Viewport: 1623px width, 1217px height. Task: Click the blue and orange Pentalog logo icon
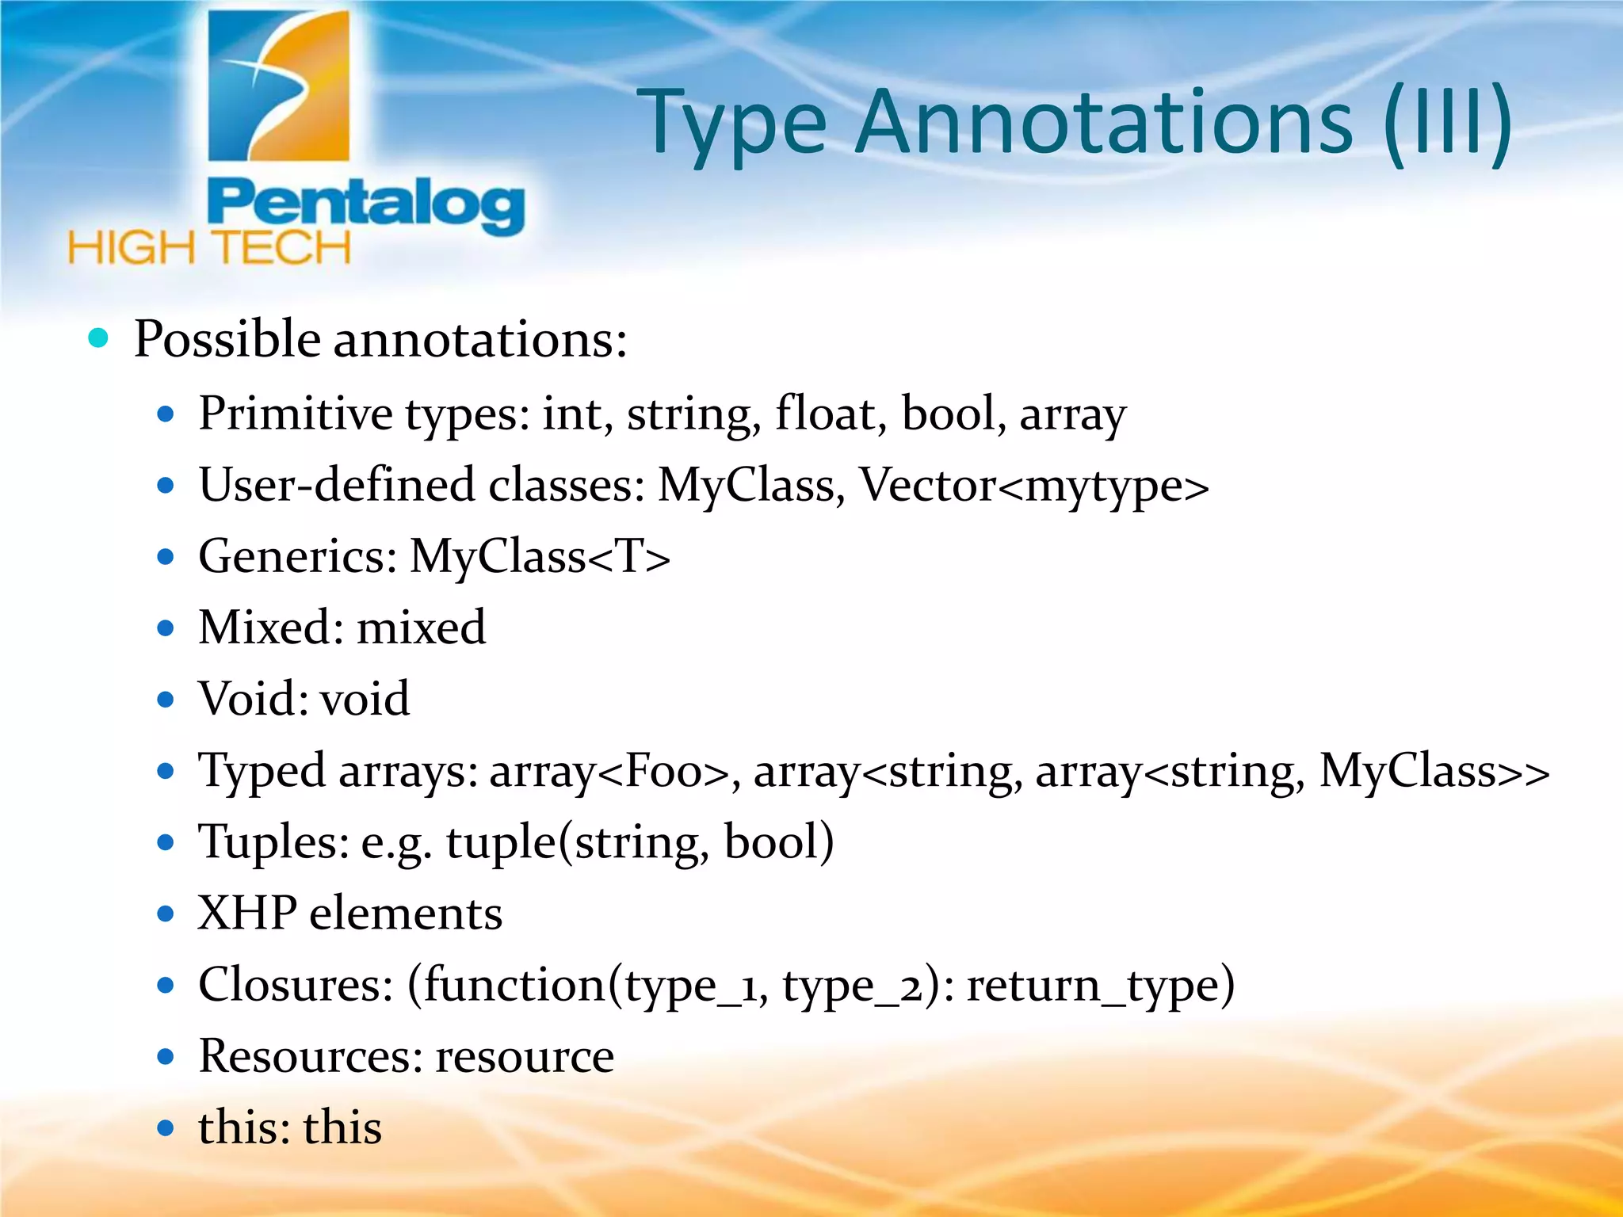point(278,87)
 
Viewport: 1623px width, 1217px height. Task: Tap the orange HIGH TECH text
point(209,248)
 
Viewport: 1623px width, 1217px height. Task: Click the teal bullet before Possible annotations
point(98,338)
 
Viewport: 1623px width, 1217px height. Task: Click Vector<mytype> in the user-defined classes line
point(1034,485)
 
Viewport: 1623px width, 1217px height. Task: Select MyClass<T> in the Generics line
point(540,556)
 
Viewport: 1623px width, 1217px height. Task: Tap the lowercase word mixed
point(421,628)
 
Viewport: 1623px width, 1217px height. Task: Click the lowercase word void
point(365,699)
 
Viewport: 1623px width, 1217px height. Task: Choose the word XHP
point(247,913)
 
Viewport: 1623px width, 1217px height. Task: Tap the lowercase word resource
point(525,1056)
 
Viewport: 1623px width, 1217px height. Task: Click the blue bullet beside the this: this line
point(166,1127)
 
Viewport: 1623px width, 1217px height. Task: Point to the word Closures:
point(296,985)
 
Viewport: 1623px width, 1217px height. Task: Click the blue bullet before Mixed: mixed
point(166,628)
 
